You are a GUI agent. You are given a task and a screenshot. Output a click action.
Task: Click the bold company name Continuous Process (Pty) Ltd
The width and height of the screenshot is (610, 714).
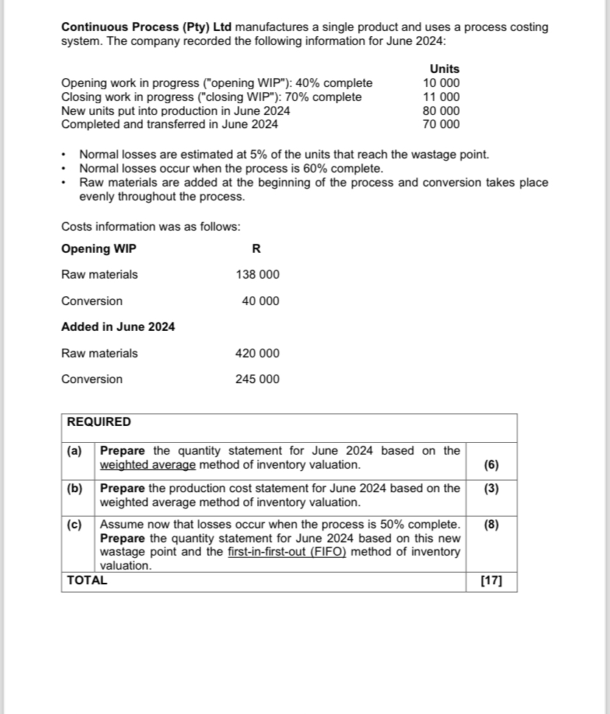147,27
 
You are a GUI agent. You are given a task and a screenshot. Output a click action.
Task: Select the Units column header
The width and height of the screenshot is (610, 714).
444,69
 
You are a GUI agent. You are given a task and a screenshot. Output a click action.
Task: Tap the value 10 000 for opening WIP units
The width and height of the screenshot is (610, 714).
441,83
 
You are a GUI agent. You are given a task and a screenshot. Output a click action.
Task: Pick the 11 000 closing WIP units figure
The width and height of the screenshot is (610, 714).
441,97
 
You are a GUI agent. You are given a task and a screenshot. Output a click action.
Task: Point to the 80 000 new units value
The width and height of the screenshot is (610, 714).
441,111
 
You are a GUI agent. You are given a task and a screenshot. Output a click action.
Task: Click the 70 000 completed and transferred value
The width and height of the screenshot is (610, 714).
441,125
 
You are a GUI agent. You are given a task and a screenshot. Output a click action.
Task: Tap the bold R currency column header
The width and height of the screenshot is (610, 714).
256,248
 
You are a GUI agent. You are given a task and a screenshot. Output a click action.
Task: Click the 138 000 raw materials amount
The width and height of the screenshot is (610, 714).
257,275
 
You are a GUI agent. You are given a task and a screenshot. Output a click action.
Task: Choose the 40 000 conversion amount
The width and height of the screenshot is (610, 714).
260,301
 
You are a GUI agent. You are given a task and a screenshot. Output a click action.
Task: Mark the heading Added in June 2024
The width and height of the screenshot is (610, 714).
118,326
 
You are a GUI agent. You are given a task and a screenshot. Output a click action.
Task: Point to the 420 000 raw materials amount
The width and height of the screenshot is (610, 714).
257,354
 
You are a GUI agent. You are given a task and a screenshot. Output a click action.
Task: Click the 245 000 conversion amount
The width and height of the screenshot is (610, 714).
257,379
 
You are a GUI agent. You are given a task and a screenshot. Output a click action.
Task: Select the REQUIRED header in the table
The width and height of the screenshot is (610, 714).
99,422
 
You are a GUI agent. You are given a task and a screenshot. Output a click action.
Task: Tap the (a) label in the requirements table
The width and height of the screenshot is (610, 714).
75,451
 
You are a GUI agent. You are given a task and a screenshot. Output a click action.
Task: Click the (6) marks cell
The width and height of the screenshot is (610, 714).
491,465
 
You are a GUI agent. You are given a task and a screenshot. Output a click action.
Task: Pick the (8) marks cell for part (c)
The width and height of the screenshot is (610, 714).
491,525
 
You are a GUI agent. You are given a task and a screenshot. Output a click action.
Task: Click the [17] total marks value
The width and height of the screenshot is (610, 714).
491,581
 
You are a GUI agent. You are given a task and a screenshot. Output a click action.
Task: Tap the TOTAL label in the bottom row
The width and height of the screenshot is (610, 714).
87,580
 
